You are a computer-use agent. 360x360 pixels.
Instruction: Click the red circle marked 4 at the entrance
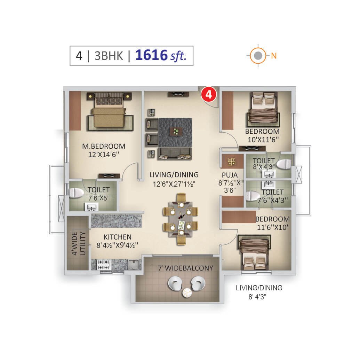click(x=209, y=94)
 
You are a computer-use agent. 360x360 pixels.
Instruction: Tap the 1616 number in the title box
click(x=152, y=55)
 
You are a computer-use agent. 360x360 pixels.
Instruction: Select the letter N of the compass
click(x=274, y=56)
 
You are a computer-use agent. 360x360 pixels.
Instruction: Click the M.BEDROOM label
click(x=104, y=146)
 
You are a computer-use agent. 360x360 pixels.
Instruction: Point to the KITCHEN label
click(x=118, y=237)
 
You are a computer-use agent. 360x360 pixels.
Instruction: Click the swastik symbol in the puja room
click(x=231, y=162)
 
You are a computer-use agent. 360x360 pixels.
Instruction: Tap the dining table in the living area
click(x=181, y=219)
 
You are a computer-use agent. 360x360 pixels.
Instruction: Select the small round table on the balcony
click(x=186, y=293)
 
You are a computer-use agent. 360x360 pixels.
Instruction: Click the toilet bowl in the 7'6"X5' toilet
click(x=77, y=193)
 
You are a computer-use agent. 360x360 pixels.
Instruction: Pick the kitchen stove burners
click(x=103, y=265)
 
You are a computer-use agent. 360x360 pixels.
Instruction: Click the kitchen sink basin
click(x=135, y=265)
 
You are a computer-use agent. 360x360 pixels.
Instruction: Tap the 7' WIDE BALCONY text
click(x=185, y=268)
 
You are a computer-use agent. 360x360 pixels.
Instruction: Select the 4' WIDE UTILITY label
click(x=78, y=243)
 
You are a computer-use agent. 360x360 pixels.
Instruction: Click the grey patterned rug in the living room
click(x=175, y=132)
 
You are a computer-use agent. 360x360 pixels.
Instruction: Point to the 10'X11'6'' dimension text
click(x=263, y=140)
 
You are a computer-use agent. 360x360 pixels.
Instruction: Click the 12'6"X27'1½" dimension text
click(x=174, y=184)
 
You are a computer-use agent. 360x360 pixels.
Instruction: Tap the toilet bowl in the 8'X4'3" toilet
click(x=284, y=164)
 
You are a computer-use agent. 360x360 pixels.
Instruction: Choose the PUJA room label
click(x=230, y=175)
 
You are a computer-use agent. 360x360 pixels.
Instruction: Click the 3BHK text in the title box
click(x=109, y=56)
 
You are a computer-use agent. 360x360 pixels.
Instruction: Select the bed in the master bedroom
click(x=110, y=112)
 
